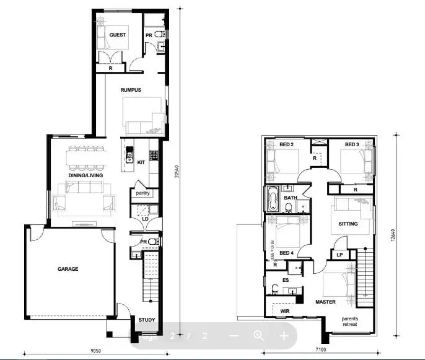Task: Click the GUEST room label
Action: tap(118, 35)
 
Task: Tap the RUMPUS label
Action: tap(131, 90)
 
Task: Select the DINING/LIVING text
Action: tap(85, 175)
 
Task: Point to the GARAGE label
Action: tap(68, 269)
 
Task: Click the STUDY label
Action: tap(147, 320)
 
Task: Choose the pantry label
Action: tap(142, 193)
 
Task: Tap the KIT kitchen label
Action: tap(141, 163)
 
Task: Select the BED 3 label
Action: tap(352, 144)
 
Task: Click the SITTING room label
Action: tap(348, 224)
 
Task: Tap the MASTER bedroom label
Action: tap(325, 302)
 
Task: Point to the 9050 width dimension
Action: tap(95, 351)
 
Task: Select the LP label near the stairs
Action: tap(340, 255)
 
